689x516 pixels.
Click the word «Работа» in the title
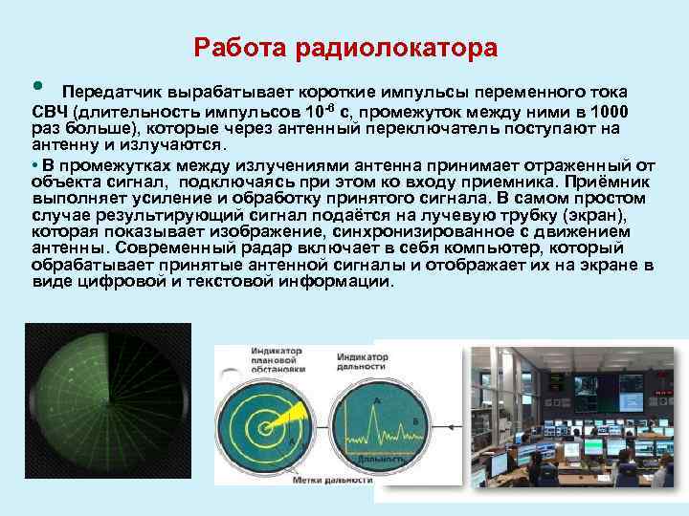click(231, 48)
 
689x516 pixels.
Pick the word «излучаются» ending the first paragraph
click(179, 145)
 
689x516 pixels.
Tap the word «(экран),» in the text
click(591, 215)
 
